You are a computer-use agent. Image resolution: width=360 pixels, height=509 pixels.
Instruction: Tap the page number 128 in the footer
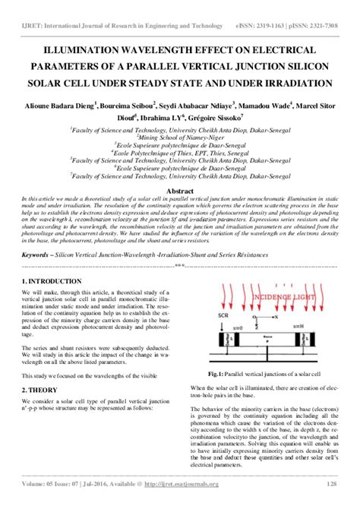coord(331,484)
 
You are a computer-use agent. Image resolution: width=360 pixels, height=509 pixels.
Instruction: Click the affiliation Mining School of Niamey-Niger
coord(180,138)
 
